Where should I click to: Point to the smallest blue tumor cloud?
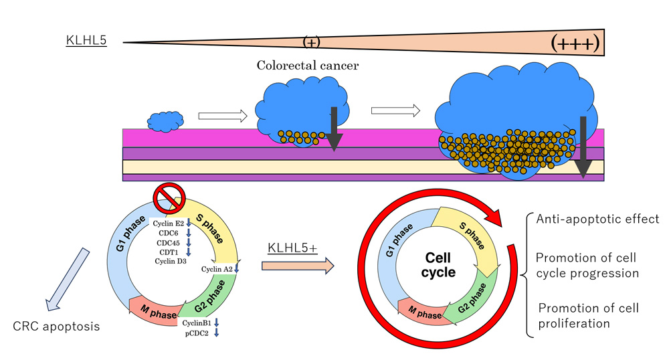[x=165, y=121]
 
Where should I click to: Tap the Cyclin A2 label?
[x=217, y=269]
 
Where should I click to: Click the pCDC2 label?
[x=198, y=333]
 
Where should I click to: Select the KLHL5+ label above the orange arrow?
[x=292, y=248]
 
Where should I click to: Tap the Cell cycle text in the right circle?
[x=441, y=264]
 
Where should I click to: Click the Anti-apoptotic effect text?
[x=597, y=219]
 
